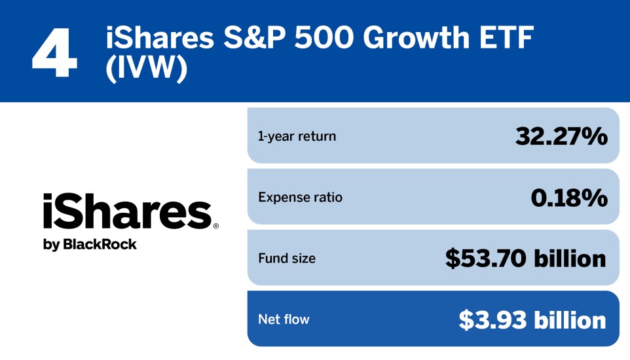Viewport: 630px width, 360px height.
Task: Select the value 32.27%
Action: [561, 136]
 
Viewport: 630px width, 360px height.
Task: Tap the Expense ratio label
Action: [300, 197]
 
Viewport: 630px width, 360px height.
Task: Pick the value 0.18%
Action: [568, 197]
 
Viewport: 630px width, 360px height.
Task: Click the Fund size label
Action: [287, 259]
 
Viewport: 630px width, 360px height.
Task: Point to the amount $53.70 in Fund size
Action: [485, 259]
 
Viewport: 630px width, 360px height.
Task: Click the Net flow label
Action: [284, 319]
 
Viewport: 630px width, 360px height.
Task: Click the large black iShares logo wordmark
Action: [126, 211]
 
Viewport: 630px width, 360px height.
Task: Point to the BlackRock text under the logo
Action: [100, 245]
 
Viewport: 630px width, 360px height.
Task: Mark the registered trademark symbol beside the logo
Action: [215, 226]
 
